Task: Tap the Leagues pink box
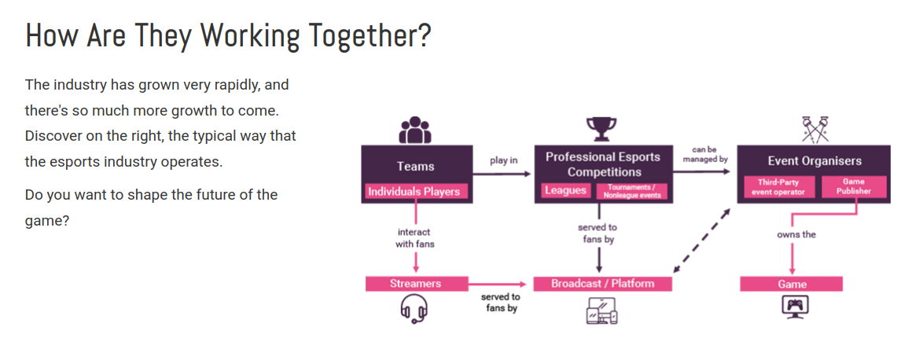[x=564, y=190]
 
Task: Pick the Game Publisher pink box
[x=854, y=187]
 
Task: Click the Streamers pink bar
[x=416, y=284]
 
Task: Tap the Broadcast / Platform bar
[x=602, y=284]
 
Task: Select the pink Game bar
[x=792, y=285]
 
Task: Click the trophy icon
[x=601, y=129]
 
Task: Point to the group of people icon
[x=414, y=130]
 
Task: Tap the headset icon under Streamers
[x=414, y=308]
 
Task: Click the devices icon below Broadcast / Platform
[x=602, y=310]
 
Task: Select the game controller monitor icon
[x=795, y=307]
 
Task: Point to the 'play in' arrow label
[x=504, y=160]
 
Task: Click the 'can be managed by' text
[x=704, y=153]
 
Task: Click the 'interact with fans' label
[x=414, y=238]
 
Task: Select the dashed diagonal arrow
[x=703, y=240]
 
